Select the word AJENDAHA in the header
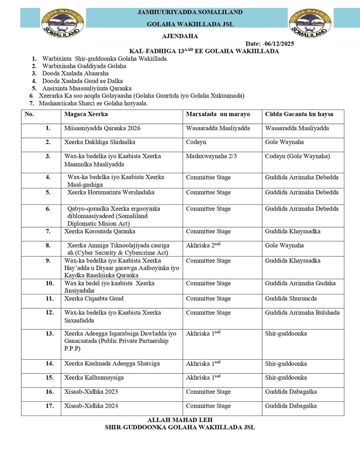(x=180, y=37)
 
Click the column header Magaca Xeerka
(x=86, y=114)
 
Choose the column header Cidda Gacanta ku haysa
(x=299, y=114)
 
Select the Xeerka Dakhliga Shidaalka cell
(x=100, y=142)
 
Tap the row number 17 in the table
(x=50, y=406)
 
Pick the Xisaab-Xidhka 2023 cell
(x=91, y=392)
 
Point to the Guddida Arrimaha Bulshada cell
(x=302, y=313)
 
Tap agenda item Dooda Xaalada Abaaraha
(x=75, y=73)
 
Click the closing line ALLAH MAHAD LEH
(x=180, y=421)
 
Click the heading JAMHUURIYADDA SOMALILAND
(x=190, y=12)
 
